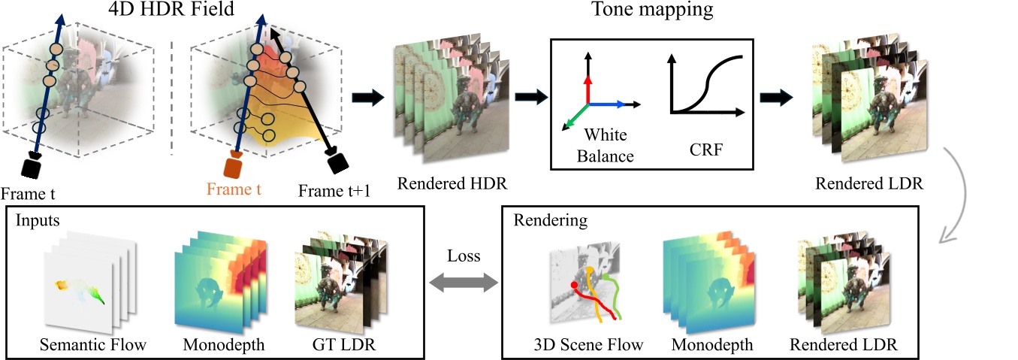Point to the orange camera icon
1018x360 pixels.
pyautogui.click(x=234, y=165)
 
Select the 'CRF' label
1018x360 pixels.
pyautogui.click(x=707, y=148)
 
